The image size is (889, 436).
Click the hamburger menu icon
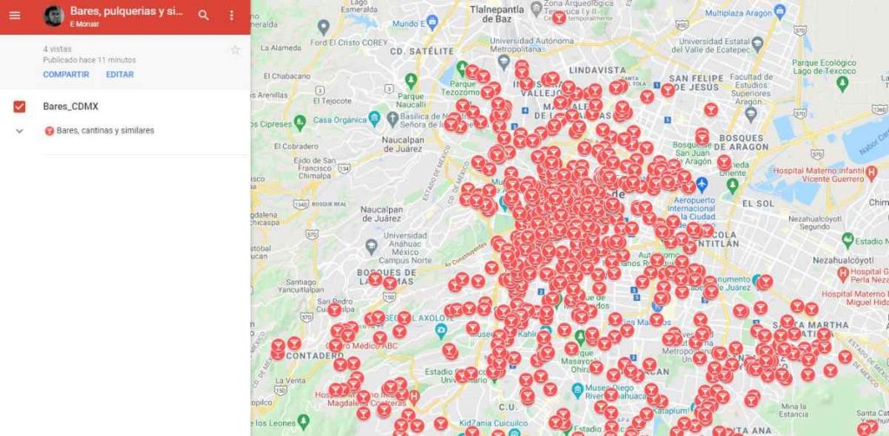pos(15,16)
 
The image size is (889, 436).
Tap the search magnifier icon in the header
pos(203,16)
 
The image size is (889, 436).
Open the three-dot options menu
pos(231,16)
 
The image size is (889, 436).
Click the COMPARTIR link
pos(66,75)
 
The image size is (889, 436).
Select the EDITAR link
pos(120,75)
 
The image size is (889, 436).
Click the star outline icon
pos(234,50)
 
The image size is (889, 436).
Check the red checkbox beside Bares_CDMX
pos(19,107)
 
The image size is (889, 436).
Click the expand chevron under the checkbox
pos(19,131)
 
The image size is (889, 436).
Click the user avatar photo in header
pos(54,16)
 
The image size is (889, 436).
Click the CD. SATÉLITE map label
pos(422,51)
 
